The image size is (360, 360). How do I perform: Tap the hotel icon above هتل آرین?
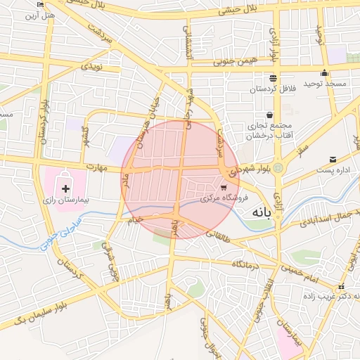tap(39, 4)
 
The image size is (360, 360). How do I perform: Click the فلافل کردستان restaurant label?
tap(271, 89)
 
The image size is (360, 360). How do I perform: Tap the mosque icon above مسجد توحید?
tap(324, 73)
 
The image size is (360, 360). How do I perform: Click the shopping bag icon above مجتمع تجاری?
tap(269, 115)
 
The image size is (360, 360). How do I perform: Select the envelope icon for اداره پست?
tap(333, 159)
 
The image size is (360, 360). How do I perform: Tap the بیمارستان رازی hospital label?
tap(66, 200)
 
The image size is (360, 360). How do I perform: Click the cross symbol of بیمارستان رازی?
tap(66, 188)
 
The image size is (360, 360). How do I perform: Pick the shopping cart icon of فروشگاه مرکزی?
tap(224, 188)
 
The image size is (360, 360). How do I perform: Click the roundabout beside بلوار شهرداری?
tap(278, 168)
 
